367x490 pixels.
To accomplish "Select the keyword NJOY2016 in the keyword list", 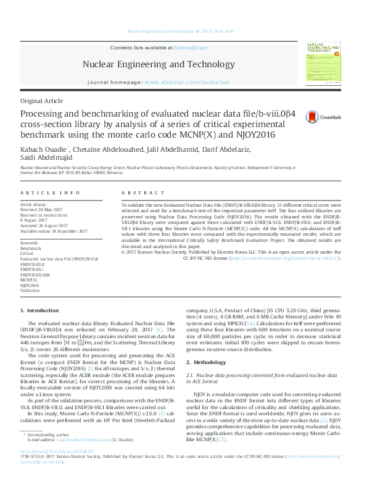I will coord(30,285).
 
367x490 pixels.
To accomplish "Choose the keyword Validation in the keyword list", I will coord(31,291).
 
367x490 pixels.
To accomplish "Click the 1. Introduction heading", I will coord(40,310).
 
